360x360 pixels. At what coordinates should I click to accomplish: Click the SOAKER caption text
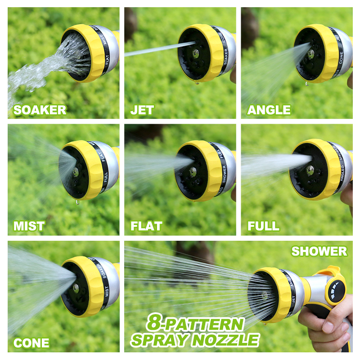40,110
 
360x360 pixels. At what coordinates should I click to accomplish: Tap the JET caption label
142,110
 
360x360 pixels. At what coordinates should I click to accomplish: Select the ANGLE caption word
269,110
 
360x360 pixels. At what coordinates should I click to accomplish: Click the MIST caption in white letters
29,226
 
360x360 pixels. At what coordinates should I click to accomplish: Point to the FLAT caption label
146,226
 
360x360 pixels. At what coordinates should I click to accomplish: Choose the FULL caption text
263,226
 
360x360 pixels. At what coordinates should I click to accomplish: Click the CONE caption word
31,343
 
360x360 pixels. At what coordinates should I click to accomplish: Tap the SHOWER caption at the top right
319,251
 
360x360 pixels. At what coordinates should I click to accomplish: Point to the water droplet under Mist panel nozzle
77,202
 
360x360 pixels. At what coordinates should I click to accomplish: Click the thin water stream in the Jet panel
153,49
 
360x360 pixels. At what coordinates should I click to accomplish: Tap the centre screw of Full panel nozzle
310,170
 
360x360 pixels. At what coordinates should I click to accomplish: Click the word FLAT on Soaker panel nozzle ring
107,63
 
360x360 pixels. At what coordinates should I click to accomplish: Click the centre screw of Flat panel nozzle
193,171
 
